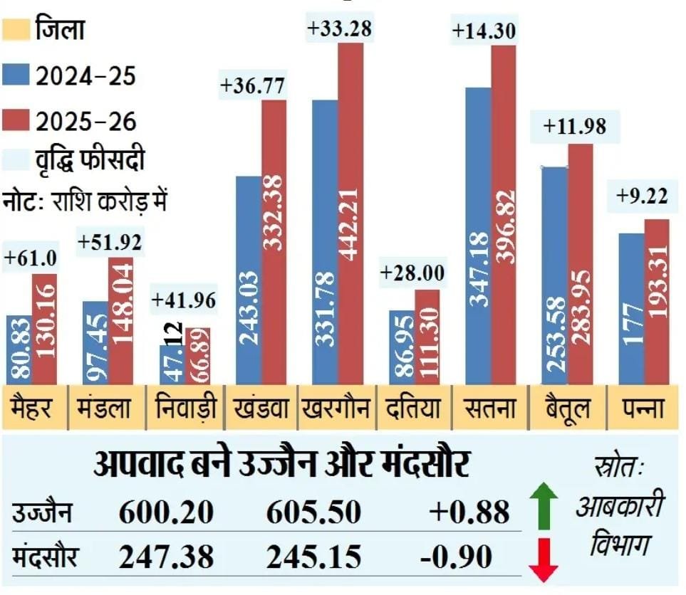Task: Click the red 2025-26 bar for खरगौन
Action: [350, 214]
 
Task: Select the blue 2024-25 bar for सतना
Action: [477, 235]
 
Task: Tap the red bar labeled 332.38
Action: [274, 242]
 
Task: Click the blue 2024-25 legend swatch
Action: [16, 76]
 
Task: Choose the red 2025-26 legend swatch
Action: [16, 120]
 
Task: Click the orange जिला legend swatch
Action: [16, 31]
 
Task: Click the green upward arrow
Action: [543, 506]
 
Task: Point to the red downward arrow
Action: [543, 559]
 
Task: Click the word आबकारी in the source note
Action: [619, 507]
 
